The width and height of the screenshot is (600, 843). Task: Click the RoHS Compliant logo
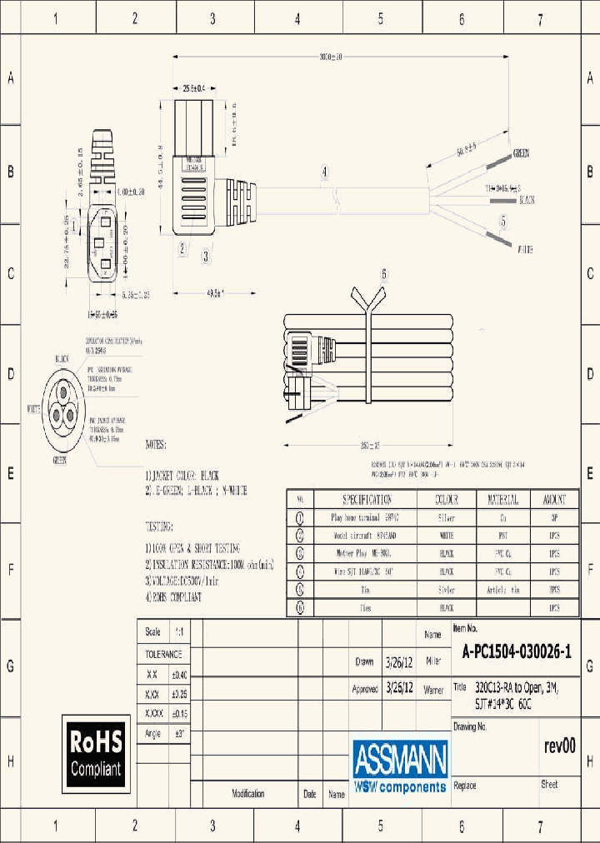click(96, 752)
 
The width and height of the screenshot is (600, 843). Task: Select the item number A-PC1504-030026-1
click(517, 653)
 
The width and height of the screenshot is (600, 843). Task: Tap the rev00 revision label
click(558, 746)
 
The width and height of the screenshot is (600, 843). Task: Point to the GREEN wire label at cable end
click(521, 153)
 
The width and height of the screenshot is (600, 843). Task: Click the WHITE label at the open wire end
click(525, 250)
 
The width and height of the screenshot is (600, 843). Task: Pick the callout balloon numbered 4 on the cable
click(324, 173)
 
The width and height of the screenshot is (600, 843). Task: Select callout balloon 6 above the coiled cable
click(384, 273)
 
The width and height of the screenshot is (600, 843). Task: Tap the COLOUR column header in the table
click(446, 500)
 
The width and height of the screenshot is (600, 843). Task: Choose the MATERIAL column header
click(502, 500)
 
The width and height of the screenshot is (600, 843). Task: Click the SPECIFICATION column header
click(367, 500)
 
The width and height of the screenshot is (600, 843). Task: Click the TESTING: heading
click(159, 527)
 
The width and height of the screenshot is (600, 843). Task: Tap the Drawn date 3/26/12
click(398, 663)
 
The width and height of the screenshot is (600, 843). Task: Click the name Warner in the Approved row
click(433, 690)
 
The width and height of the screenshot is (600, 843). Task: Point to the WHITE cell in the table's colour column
click(446, 535)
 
